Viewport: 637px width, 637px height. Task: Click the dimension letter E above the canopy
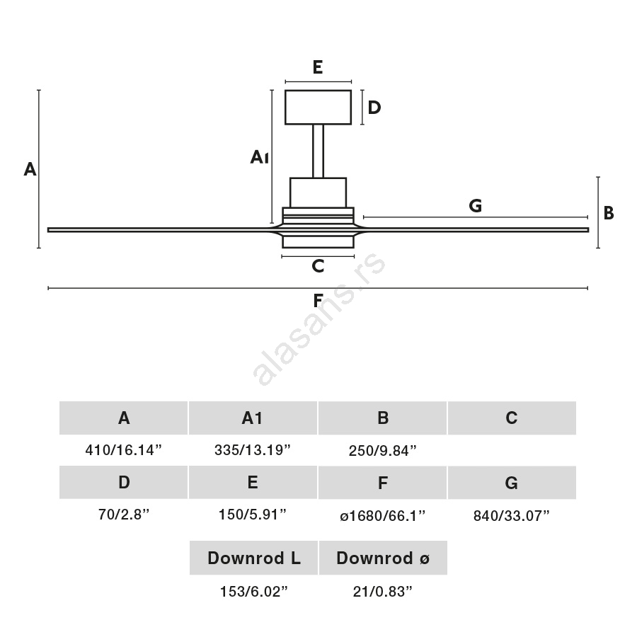pos(318,67)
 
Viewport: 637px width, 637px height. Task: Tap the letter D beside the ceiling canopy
pos(374,108)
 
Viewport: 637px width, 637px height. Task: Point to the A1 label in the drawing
pos(259,157)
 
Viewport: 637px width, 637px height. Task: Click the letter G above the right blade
pos(475,206)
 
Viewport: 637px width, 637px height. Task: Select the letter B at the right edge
pos(608,212)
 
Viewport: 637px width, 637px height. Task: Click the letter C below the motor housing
pos(318,266)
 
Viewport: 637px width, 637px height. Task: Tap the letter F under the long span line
pos(318,300)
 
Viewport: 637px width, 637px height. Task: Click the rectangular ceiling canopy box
pos(318,107)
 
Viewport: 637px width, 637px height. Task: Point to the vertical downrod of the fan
pos(318,151)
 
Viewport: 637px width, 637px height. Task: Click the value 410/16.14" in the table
pos(124,450)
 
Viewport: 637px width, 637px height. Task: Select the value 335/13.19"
pos(253,450)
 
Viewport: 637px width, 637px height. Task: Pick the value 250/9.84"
pos(382,450)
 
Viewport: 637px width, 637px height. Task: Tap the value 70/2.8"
pos(124,515)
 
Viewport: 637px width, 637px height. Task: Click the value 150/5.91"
pos(253,515)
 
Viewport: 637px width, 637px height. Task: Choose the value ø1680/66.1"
pos(382,515)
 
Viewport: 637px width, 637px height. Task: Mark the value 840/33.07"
pos(512,515)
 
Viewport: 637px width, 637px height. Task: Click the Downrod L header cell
pos(253,558)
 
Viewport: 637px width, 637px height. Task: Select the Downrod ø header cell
pos(383,558)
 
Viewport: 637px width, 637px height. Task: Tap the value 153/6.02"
pos(253,592)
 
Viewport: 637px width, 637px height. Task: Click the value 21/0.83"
pos(382,592)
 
